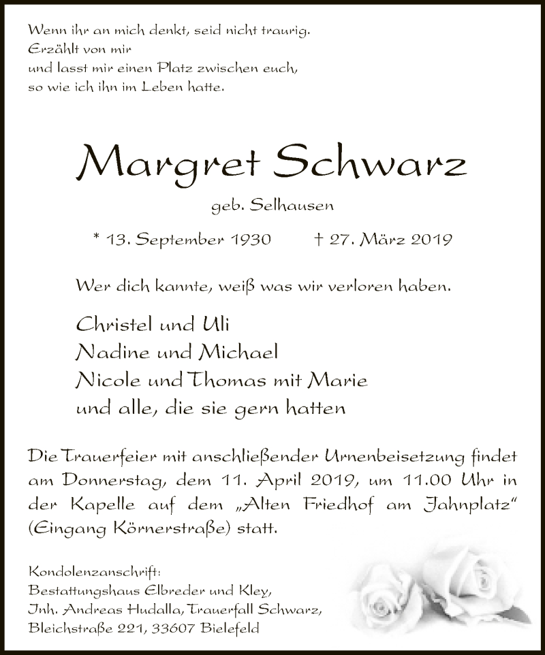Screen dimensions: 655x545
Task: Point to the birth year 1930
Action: [x=249, y=240]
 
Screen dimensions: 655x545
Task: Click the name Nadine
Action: [x=108, y=353]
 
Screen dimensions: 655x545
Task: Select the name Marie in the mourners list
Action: [x=345, y=381]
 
